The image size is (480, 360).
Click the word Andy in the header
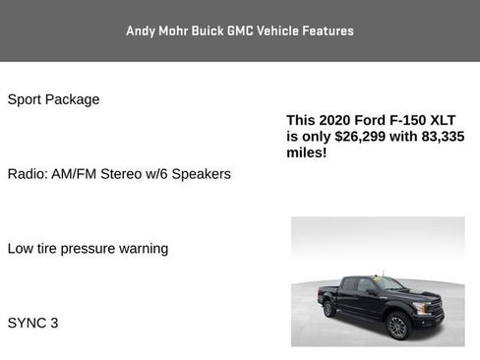pyautogui.click(x=141, y=30)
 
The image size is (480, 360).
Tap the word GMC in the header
pyautogui.click(x=241, y=30)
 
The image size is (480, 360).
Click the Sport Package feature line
pyautogui.click(x=53, y=99)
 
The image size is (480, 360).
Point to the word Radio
pyautogui.click(x=27, y=174)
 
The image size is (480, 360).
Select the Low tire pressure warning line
pyautogui.click(x=88, y=249)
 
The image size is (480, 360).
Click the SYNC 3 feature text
pyautogui.click(x=32, y=323)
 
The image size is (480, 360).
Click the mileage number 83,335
pyautogui.click(x=440, y=137)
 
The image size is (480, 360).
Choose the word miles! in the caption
pyautogui.click(x=306, y=153)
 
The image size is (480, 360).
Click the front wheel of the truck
pyautogui.click(x=397, y=327)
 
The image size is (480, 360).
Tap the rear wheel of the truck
pyautogui.click(x=330, y=309)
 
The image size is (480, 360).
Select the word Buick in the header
pyautogui.click(x=198, y=30)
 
